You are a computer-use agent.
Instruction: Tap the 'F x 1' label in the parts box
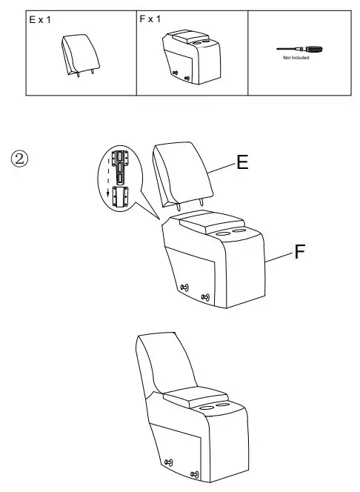[150, 19]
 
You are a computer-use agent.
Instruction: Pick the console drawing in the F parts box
[191, 56]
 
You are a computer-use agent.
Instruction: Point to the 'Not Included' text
[296, 58]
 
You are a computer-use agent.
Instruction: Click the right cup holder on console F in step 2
[239, 233]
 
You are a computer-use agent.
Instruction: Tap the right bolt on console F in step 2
[205, 298]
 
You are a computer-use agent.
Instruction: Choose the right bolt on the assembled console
[194, 474]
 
